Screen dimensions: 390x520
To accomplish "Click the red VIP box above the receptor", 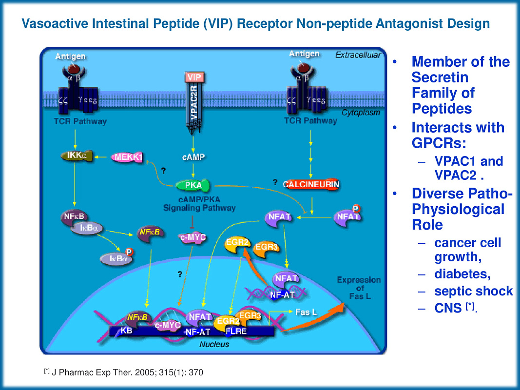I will click(194, 78).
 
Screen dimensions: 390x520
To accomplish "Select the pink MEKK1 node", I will click(127, 157).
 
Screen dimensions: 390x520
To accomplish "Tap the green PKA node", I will click(193, 185).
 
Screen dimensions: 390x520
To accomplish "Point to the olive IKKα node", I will click(76, 156).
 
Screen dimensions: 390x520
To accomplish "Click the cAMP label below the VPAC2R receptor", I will click(193, 157).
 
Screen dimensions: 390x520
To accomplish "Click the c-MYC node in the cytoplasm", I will click(193, 238).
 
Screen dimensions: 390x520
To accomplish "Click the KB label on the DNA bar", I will click(126, 331).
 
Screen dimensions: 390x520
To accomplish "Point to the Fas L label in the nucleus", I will click(306, 312).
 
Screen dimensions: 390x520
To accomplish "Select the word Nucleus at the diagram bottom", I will click(214, 344).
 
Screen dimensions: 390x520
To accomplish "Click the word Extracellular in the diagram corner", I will click(358, 55).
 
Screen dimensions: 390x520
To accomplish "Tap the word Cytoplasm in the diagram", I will click(360, 113).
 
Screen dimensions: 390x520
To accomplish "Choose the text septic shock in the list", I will click(473, 291).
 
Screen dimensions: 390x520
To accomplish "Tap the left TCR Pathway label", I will click(80, 121).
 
